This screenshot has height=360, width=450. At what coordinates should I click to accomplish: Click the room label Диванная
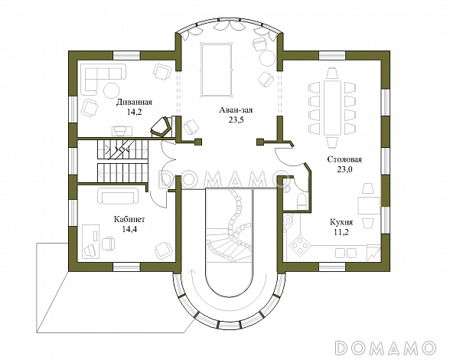click(134, 103)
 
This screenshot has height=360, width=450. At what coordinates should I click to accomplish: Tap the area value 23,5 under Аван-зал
click(236, 120)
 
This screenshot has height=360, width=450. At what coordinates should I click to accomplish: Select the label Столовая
click(344, 159)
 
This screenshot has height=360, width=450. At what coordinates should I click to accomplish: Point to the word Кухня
click(341, 222)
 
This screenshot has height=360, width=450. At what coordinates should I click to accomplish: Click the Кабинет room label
click(129, 220)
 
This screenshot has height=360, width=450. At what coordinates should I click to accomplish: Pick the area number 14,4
click(129, 229)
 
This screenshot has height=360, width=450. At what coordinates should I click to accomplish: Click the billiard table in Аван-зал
click(217, 70)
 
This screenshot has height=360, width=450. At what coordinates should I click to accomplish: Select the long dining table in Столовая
click(332, 108)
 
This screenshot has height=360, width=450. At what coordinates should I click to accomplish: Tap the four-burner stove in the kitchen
click(300, 245)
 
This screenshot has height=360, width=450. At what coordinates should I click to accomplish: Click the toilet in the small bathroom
click(302, 201)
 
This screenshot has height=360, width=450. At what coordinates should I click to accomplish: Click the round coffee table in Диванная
click(111, 90)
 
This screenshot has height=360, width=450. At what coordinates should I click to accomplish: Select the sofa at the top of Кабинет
click(118, 195)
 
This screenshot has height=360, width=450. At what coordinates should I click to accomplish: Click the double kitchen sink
click(346, 253)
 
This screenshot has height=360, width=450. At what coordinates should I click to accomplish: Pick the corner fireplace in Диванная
click(161, 126)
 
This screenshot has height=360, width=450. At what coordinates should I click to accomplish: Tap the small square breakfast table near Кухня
click(369, 206)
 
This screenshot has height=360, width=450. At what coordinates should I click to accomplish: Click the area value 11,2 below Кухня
click(341, 232)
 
